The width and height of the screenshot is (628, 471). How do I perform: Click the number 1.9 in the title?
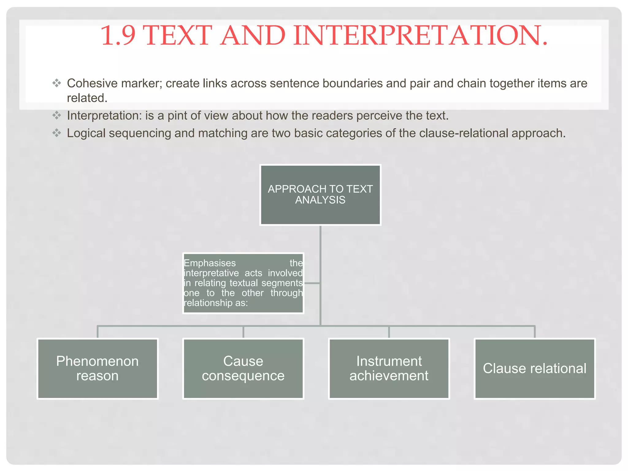(x=118, y=36)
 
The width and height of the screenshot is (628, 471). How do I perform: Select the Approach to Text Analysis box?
(x=320, y=195)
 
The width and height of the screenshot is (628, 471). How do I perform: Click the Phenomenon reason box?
(x=98, y=368)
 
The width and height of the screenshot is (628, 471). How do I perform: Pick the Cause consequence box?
(x=243, y=368)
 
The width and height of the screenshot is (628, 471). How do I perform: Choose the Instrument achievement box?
(x=389, y=368)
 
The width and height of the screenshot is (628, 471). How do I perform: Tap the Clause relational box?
(x=534, y=368)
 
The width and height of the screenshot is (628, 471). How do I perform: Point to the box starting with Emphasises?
(x=243, y=283)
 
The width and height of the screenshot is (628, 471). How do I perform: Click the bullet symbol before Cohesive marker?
(x=57, y=83)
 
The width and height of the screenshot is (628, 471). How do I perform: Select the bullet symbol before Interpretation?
(x=57, y=116)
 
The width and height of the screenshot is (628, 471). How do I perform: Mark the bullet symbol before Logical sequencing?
(x=57, y=133)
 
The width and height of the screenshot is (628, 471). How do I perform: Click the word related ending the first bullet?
(x=87, y=98)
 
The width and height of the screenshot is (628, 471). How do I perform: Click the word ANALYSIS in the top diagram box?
(x=320, y=200)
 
